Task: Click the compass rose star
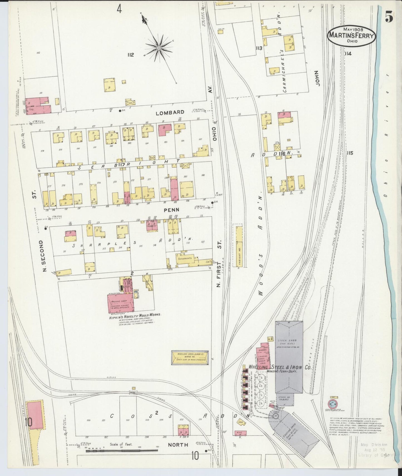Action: pyautogui.click(x=159, y=48)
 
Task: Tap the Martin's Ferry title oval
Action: pyautogui.click(x=352, y=36)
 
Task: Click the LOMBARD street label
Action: pyautogui.click(x=170, y=112)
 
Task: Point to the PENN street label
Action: pyautogui.click(x=171, y=210)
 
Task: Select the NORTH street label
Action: pyautogui.click(x=178, y=445)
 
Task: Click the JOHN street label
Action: pyautogui.click(x=318, y=78)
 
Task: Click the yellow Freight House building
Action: pyautogui.click(x=239, y=246)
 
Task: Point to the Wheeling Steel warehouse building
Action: pyautogui.click(x=190, y=357)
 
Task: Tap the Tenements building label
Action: pyautogui.click(x=185, y=258)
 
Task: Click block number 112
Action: pyautogui.click(x=130, y=55)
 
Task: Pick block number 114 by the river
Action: pyautogui.click(x=348, y=53)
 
